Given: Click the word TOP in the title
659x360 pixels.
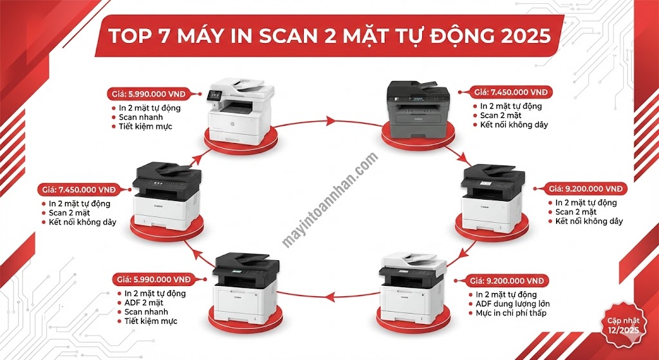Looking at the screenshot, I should click(x=132, y=35).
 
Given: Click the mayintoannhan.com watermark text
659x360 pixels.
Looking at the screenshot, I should click(x=330, y=200).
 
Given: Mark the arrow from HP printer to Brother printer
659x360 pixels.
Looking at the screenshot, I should click(x=335, y=120).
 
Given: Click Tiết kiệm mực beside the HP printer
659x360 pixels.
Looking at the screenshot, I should click(x=145, y=128).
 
